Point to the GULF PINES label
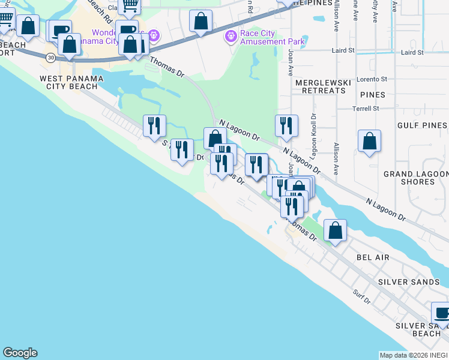tap(422, 125)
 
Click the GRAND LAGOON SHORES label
tap(414, 178)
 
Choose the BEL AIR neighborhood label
tap(373, 257)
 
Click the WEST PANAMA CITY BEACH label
tap(71, 82)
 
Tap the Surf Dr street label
tap(361, 294)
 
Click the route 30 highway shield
tap(50, 57)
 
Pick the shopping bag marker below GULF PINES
tap(370, 142)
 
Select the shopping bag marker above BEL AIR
tap(335, 230)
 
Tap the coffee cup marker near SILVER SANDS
tap(442, 314)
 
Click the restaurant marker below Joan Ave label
tap(286, 125)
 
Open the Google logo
tap(20, 353)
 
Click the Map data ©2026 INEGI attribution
tap(414, 355)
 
